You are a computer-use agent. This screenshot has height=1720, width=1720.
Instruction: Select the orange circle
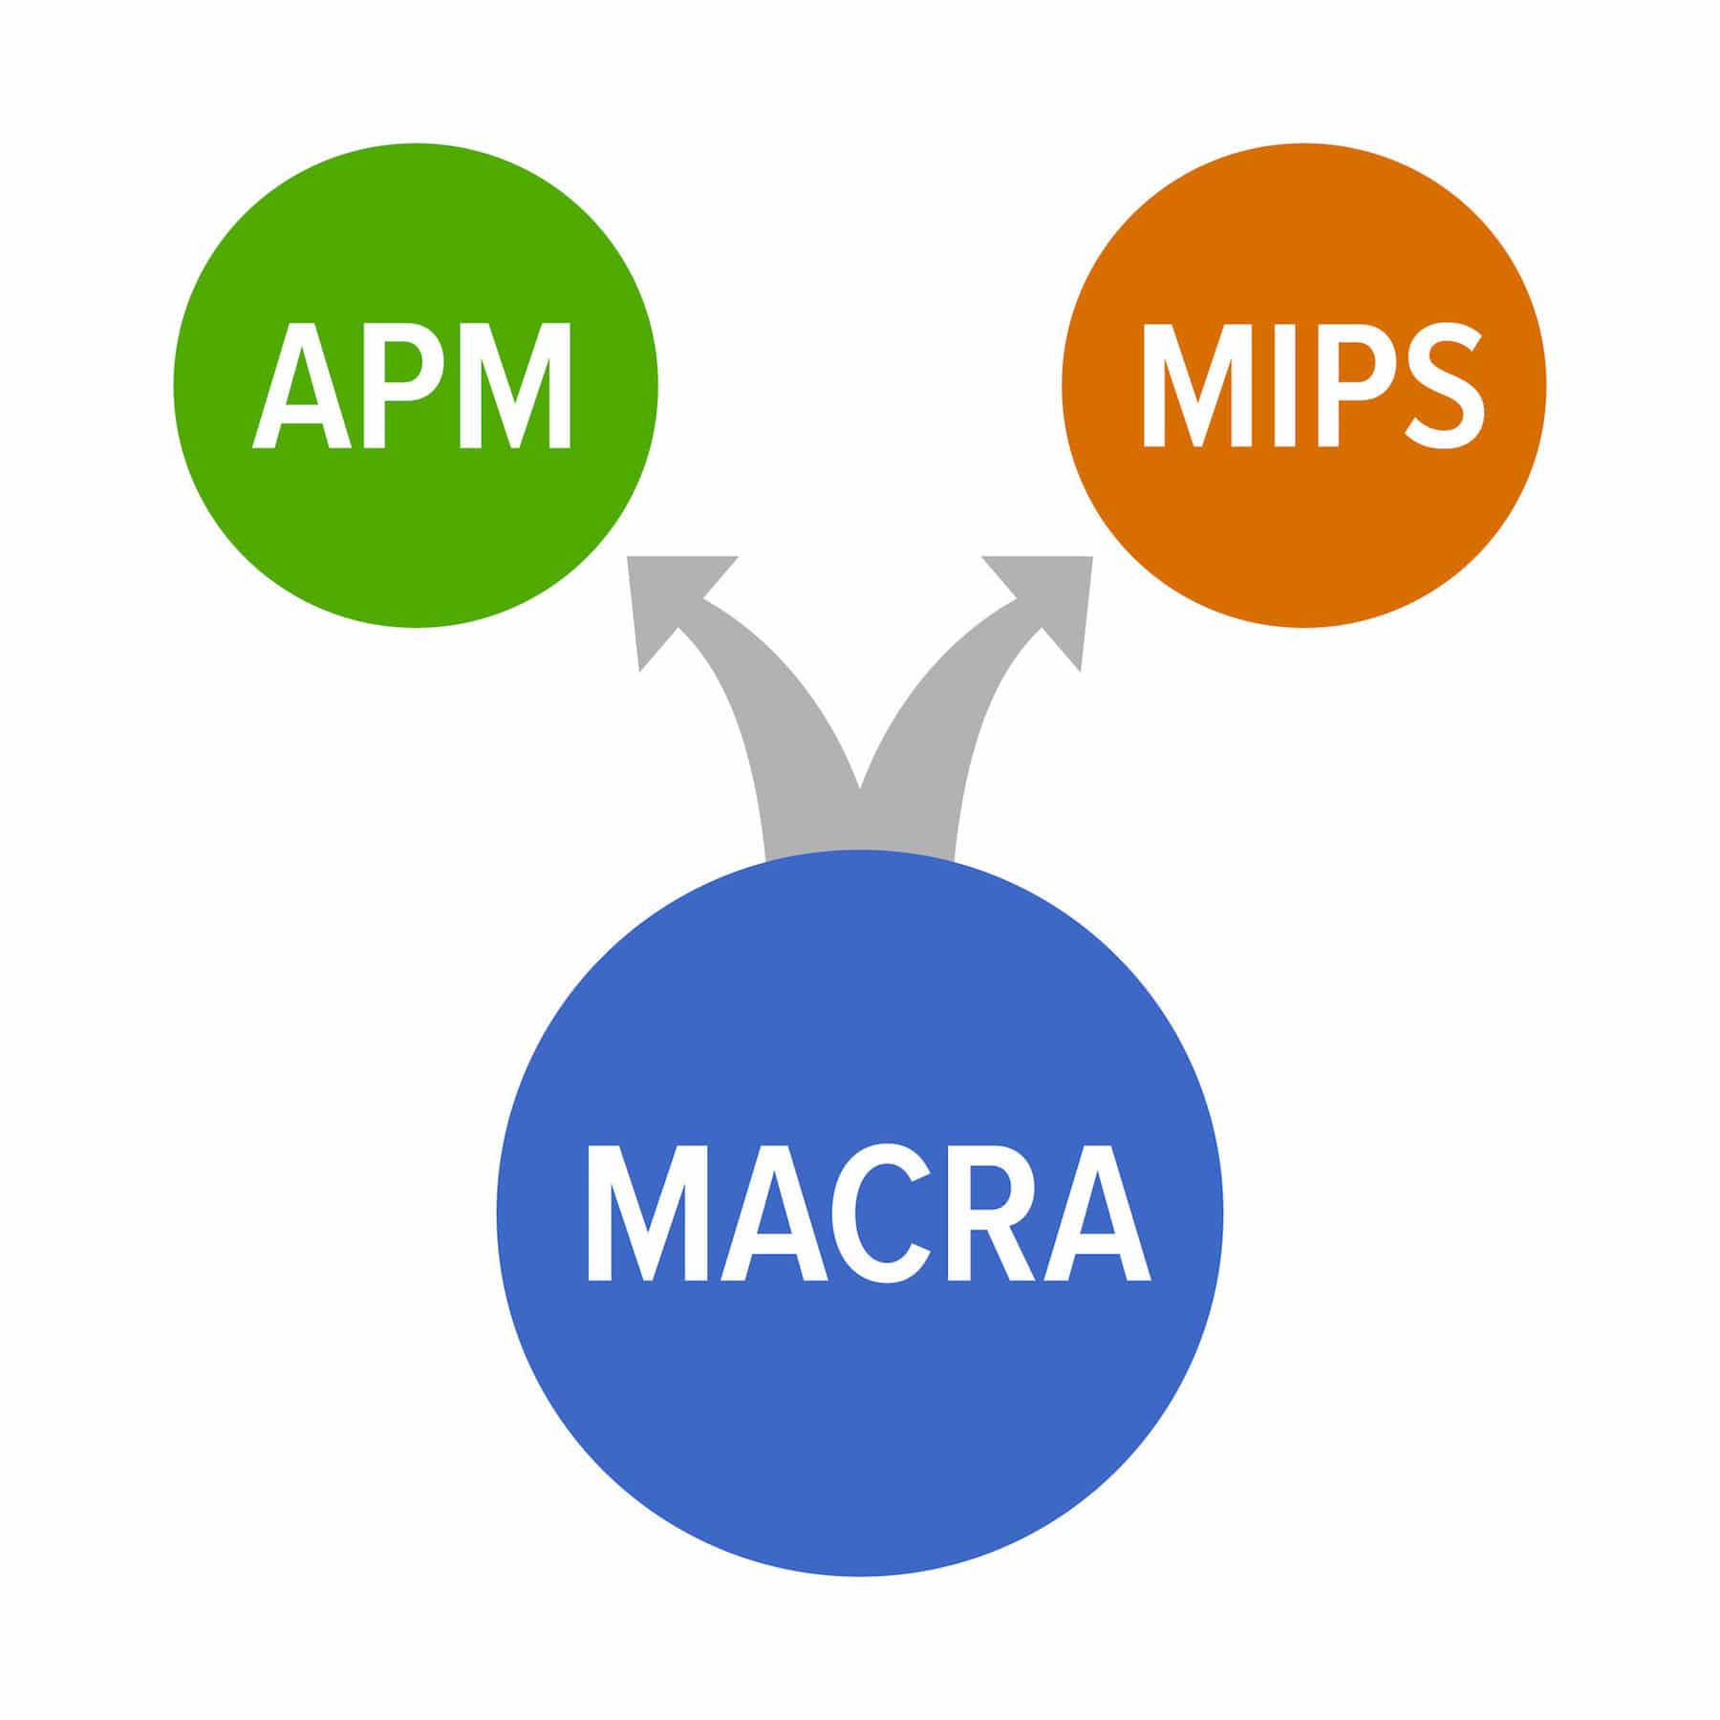tap(1304, 535)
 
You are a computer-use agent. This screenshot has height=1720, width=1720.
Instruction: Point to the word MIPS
tap(1314, 386)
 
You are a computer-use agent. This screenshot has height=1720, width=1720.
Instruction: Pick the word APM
tap(413, 386)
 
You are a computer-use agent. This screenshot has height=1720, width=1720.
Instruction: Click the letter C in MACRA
tap(872, 1215)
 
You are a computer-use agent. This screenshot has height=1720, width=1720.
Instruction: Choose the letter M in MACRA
tap(639, 1215)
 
